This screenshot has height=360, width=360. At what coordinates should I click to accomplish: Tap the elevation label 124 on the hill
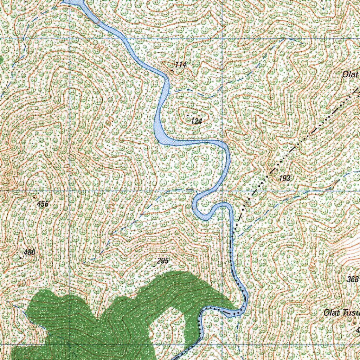click(x=197, y=121)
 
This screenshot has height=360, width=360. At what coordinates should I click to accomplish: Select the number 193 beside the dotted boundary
click(x=285, y=179)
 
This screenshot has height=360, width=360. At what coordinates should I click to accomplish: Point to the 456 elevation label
click(x=43, y=204)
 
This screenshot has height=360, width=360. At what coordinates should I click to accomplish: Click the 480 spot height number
click(x=30, y=252)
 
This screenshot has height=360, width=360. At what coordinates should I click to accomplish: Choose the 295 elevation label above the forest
click(x=163, y=261)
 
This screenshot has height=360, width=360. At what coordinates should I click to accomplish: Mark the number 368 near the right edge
click(x=352, y=279)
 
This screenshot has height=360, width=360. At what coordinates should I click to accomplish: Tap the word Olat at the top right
click(x=350, y=75)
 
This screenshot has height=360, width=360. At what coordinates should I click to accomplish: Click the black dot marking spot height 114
click(x=172, y=70)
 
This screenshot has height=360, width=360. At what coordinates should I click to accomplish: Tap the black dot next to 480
click(x=21, y=258)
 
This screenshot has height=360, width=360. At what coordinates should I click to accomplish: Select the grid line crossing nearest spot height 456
click(x=69, y=191)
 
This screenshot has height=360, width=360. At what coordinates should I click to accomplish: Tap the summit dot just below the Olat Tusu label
click(x=354, y=322)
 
